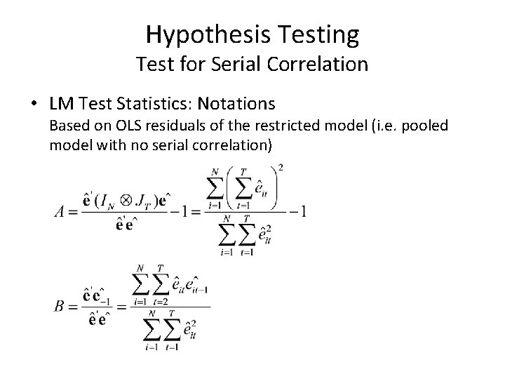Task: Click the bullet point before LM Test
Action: pyautogui.click(x=34, y=104)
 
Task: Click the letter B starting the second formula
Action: pyautogui.click(x=59, y=305)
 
